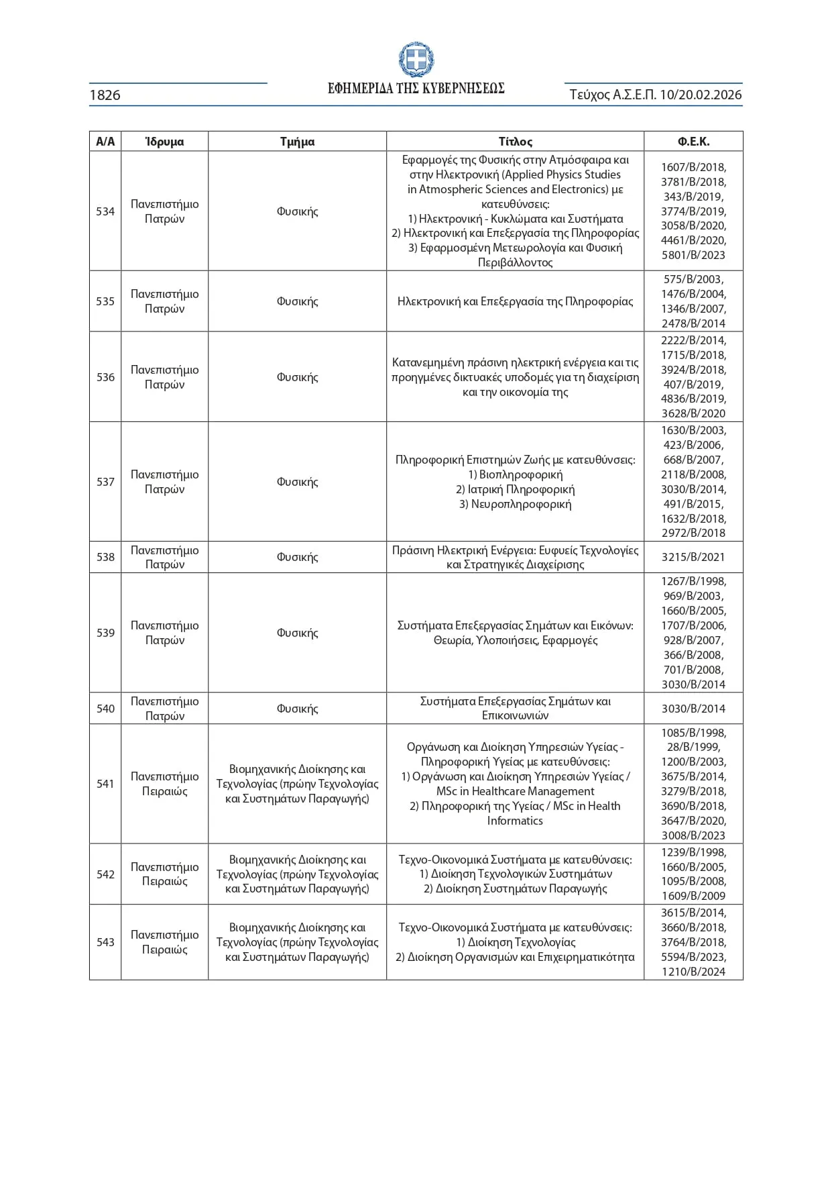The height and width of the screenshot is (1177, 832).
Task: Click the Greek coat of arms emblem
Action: (x=416, y=60)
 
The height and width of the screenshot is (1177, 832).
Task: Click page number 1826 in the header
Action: (x=105, y=95)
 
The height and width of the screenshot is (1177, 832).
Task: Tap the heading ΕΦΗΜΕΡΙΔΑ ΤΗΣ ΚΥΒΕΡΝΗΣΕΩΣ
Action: (x=416, y=89)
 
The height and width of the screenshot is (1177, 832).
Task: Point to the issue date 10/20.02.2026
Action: (x=701, y=95)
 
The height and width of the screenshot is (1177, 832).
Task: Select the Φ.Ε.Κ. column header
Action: (x=693, y=142)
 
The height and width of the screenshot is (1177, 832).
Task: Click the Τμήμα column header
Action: (x=297, y=142)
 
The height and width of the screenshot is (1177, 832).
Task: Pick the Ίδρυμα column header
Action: (x=164, y=142)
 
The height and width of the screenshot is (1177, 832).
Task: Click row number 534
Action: (x=105, y=211)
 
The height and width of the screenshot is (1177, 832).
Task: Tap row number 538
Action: (x=105, y=557)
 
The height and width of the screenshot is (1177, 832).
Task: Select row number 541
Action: (x=105, y=784)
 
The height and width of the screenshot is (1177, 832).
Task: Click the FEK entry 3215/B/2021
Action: (x=693, y=557)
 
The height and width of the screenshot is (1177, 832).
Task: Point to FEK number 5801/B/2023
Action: (x=693, y=255)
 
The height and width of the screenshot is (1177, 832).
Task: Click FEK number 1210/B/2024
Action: (x=693, y=972)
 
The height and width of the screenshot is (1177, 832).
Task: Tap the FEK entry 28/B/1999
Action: (x=693, y=747)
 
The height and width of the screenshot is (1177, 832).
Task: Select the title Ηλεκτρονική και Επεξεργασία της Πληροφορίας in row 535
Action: (x=515, y=301)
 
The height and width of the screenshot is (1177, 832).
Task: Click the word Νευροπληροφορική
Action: (x=515, y=504)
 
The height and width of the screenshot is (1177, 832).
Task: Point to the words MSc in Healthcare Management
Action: (x=515, y=791)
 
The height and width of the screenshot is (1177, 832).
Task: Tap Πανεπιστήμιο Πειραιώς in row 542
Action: (x=164, y=874)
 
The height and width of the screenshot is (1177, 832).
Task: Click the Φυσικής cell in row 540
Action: (x=297, y=709)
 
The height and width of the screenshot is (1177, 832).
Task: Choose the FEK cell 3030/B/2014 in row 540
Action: (x=693, y=709)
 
